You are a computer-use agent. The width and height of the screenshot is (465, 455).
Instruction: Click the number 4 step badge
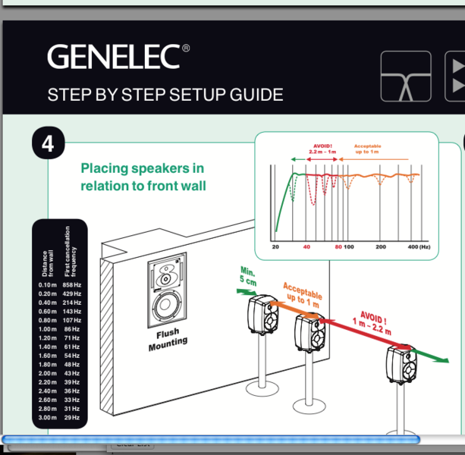(x=47, y=143)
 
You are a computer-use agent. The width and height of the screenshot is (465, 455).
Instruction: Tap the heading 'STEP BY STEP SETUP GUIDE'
(x=165, y=96)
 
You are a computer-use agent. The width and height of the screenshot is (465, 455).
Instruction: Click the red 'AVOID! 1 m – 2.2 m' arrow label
(x=372, y=322)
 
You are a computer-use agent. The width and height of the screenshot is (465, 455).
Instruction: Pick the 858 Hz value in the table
(x=72, y=284)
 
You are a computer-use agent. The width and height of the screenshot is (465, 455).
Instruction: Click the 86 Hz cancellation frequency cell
(x=72, y=328)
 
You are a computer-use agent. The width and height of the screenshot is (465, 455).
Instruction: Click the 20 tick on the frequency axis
(x=275, y=247)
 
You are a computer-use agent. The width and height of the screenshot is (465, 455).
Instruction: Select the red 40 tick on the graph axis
(x=306, y=247)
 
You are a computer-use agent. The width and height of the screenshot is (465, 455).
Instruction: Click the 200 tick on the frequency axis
(x=381, y=247)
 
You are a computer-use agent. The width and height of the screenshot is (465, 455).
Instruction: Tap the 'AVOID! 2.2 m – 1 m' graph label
(x=322, y=149)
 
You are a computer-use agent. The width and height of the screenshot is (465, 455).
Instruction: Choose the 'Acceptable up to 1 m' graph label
(x=368, y=149)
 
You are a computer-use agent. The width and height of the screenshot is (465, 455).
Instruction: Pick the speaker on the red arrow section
(x=401, y=365)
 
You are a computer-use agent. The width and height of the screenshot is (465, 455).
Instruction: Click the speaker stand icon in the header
(x=405, y=76)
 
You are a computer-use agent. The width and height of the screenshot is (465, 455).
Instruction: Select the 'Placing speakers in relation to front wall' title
(x=143, y=177)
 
